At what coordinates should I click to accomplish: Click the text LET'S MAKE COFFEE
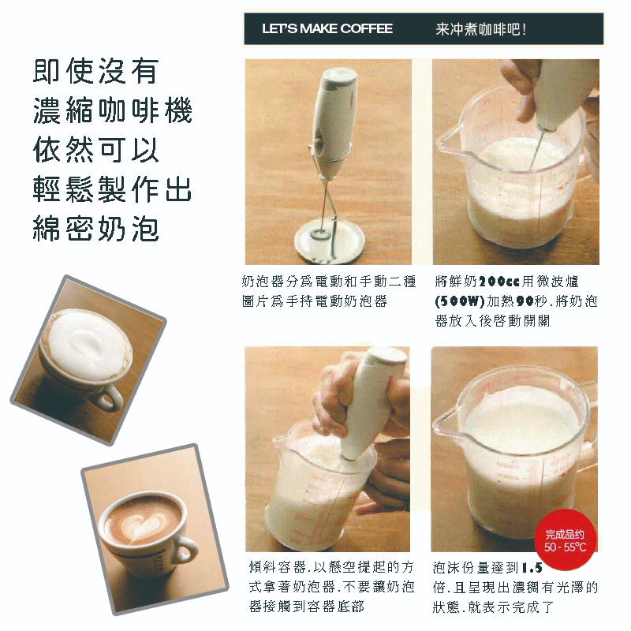327,28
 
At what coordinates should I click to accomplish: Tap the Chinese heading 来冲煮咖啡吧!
481,29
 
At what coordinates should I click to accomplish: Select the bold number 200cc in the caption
499,282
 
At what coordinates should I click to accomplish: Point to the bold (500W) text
459,301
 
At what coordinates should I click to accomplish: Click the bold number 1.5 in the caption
532,568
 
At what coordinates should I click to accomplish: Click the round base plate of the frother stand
330,241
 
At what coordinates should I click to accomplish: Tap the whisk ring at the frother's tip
320,233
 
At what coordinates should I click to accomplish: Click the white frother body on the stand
334,121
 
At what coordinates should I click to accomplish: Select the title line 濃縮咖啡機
112,110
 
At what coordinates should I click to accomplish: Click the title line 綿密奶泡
95,228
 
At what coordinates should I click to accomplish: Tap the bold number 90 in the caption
525,301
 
